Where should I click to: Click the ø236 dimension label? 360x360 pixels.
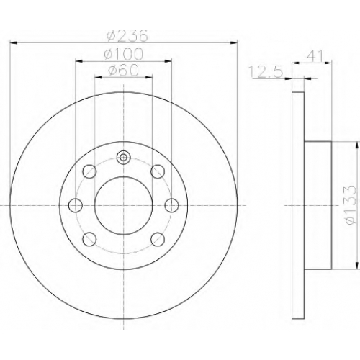click(127, 37)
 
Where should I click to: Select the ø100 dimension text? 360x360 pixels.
click(124, 54)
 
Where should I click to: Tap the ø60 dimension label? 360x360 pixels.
click(124, 71)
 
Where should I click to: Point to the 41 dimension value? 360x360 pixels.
click(315, 56)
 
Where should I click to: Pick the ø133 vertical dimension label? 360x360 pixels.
click(351, 204)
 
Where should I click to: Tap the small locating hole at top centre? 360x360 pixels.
click(123, 158)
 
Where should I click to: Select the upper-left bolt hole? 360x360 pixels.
click(89, 171)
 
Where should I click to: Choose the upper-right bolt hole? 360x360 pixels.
click(158, 171)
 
